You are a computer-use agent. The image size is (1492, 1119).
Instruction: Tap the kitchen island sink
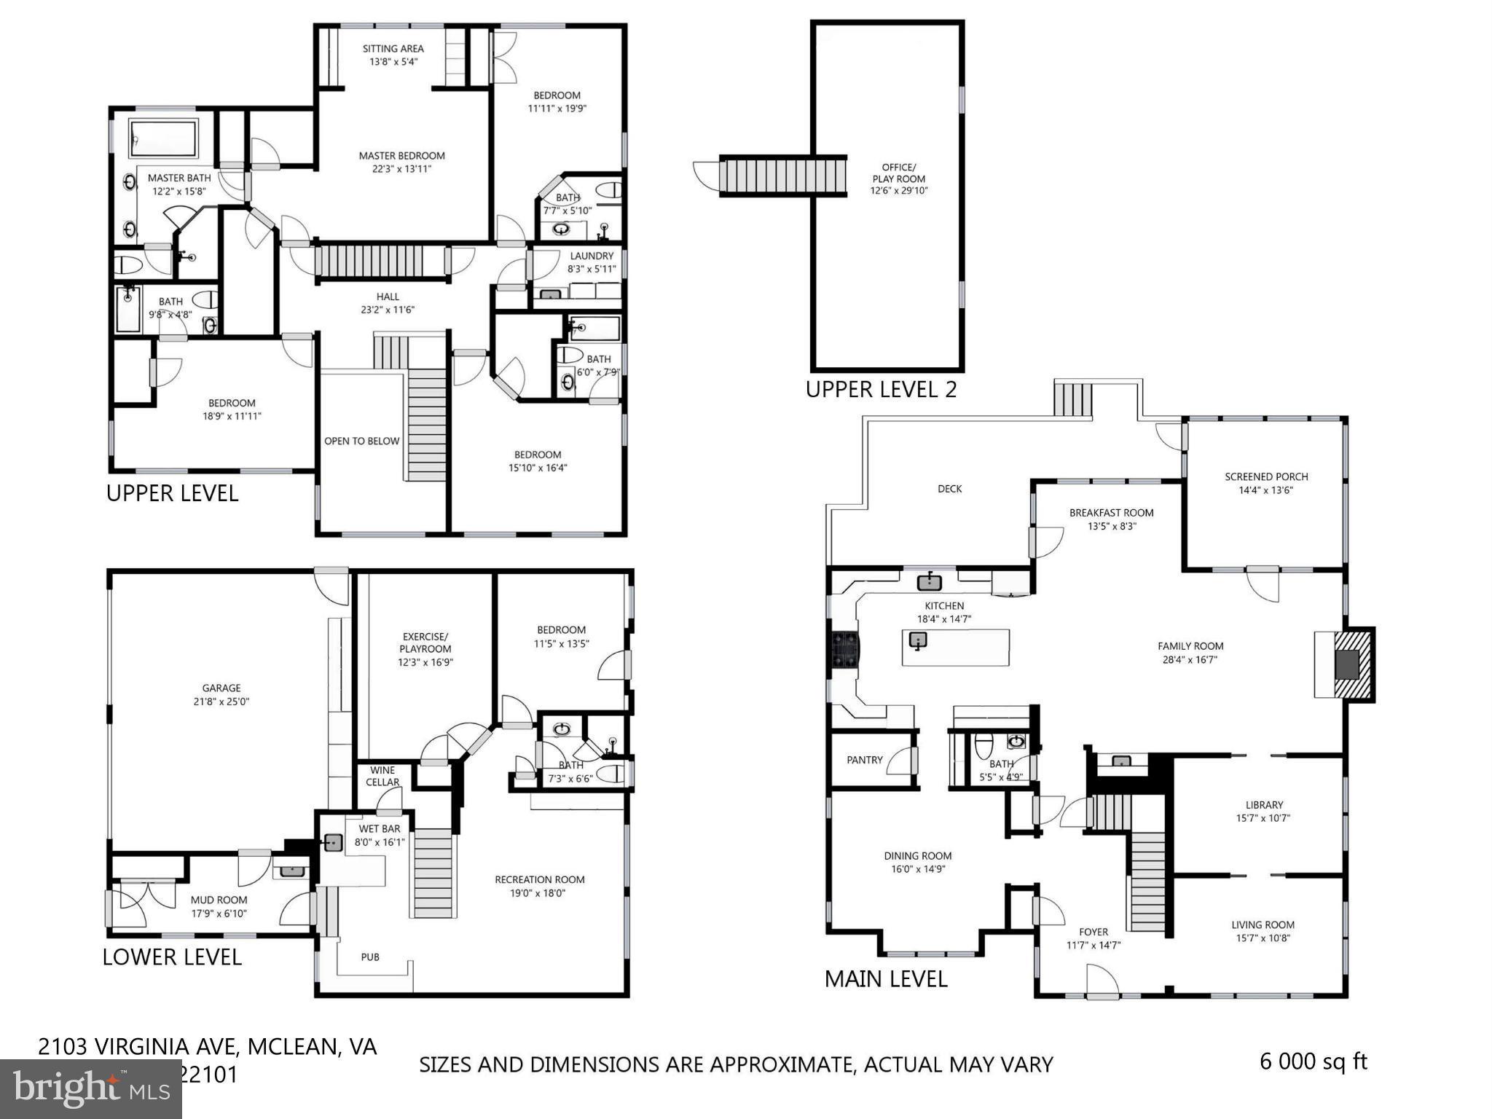(x=918, y=640)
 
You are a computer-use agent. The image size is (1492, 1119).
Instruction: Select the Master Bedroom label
(x=401, y=156)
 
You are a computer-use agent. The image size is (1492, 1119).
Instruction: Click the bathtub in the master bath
(x=163, y=138)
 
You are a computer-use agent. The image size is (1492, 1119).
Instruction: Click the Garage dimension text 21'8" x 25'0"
(x=221, y=702)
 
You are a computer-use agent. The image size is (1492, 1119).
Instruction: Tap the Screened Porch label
(x=1266, y=476)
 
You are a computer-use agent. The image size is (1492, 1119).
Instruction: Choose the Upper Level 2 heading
(x=881, y=389)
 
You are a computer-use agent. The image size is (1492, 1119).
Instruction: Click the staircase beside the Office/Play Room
(x=782, y=176)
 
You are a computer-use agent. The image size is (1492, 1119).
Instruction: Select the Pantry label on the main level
(x=865, y=760)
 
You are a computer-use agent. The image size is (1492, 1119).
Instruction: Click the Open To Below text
(x=361, y=441)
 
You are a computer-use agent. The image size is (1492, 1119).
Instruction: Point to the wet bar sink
(x=333, y=843)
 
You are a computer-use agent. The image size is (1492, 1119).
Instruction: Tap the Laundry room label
(x=592, y=256)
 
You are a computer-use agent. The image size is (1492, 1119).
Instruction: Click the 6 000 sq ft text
(x=1314, y=1061)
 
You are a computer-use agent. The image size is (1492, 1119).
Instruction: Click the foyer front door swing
(x=1102, y=981)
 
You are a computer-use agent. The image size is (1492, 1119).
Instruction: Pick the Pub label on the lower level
(x=370, y=957)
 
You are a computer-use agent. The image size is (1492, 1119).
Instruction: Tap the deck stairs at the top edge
(x=1072, y=399)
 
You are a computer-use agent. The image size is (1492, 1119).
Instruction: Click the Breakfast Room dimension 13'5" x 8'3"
(x=1112, y=526)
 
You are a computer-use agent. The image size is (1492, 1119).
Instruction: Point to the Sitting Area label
(x=393, y=49)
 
